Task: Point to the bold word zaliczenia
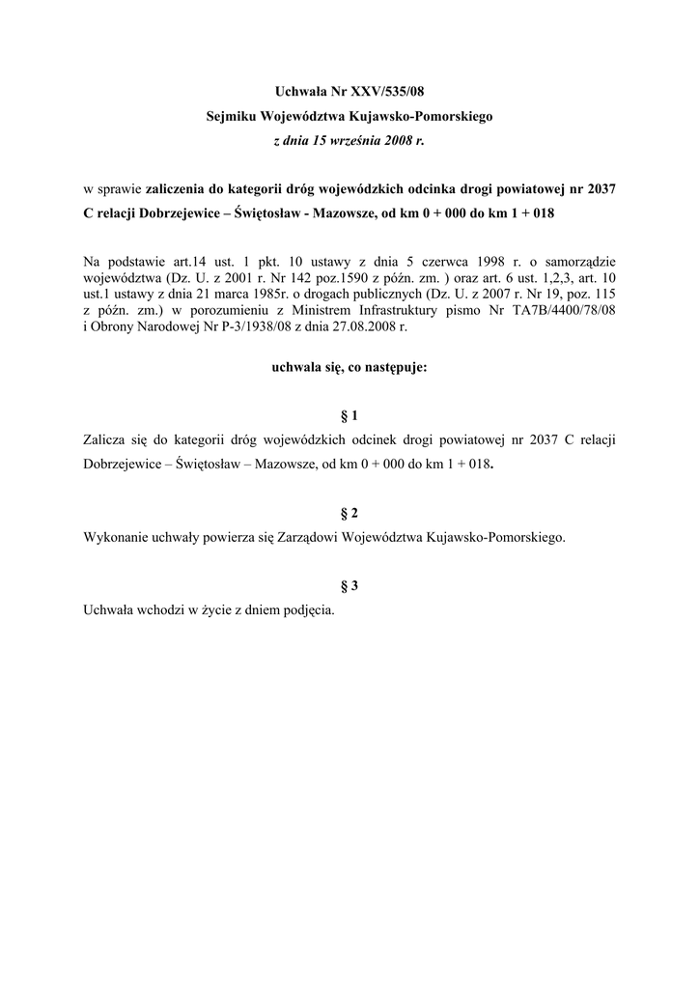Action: (175, 189)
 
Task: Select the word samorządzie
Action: (580, 261)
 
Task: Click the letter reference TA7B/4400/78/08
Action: (566, 310)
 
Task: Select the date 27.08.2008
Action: (367, 326)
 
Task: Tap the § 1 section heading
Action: (349, 416)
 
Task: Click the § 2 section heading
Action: (349, 514)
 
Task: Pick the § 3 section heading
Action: (349, 586)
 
